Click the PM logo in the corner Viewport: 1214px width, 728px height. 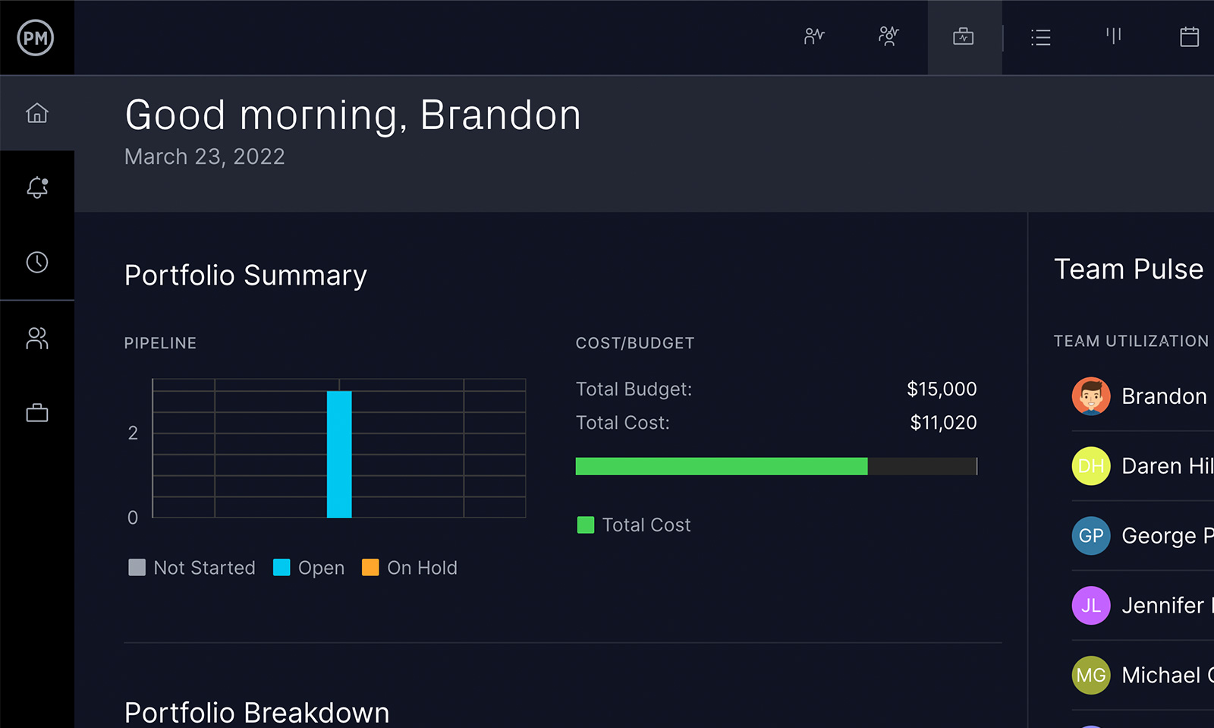coord(36,37)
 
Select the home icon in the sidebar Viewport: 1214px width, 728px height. coord(36,113)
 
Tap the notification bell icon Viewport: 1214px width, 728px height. coord(36,188)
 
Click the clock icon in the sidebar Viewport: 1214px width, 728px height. coord(36,263)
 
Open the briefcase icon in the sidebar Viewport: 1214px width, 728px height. coord(36,413)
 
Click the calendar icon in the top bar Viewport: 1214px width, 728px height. coord(1189,36)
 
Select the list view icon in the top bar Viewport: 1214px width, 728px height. coord(1040,37)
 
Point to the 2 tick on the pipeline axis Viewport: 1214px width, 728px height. coord(133,433)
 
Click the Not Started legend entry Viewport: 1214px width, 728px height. coord(193,568)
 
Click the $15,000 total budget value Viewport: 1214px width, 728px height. coord(941,389)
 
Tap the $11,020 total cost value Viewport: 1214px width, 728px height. coord(943,423)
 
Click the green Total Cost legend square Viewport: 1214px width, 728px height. coord(585,525)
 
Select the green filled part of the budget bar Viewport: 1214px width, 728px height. coord(721,466)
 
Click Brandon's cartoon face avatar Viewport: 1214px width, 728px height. coord(1090,396)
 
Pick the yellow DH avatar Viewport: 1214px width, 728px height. coord(1090,466)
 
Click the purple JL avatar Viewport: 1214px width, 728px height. coord(1090,606)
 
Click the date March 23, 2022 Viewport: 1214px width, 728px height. coord(204,156)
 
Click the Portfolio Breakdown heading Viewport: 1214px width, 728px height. coord(256,712)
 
